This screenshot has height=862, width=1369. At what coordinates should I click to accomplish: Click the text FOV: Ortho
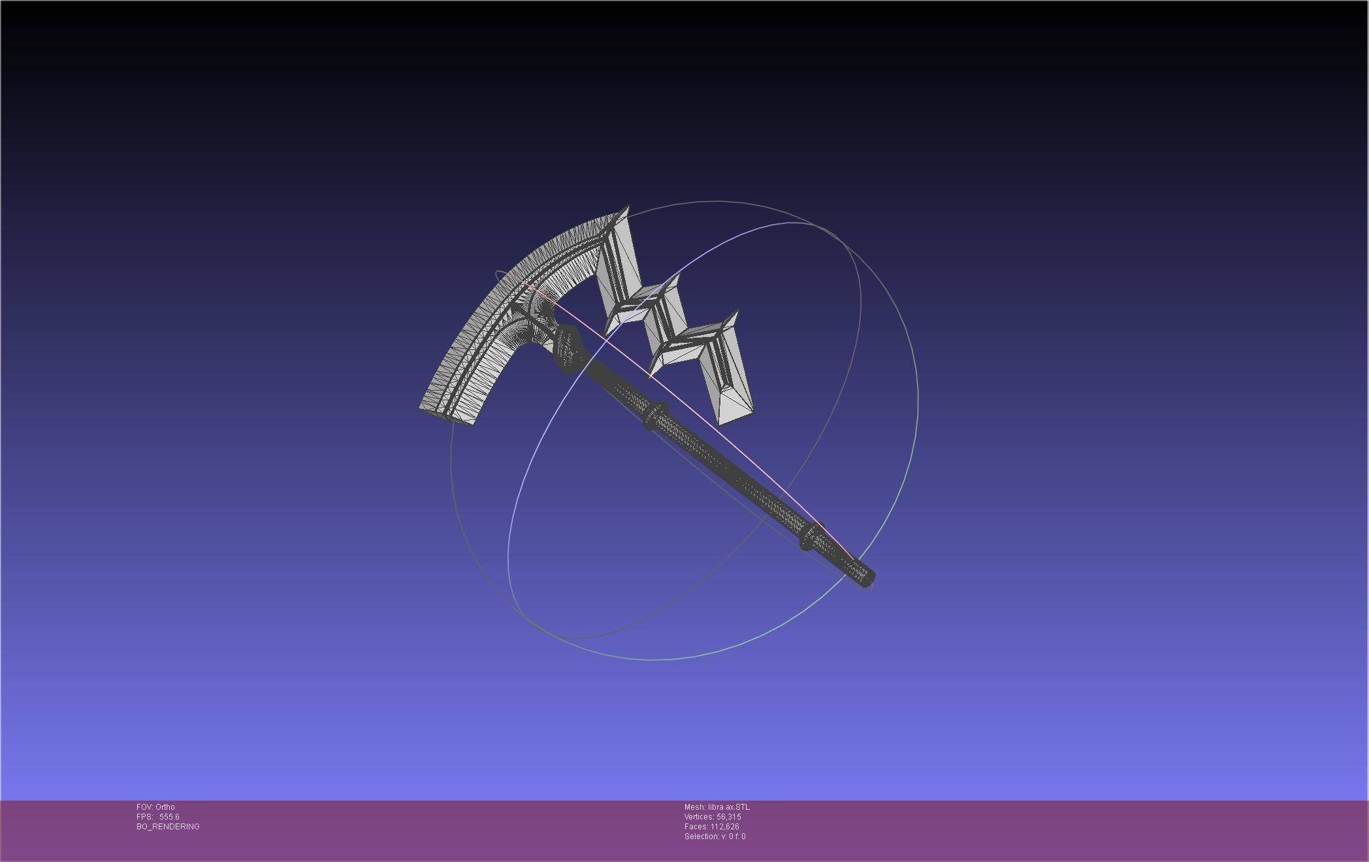coord(155,807)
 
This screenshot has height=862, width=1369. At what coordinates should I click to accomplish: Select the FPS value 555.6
coord(169,817)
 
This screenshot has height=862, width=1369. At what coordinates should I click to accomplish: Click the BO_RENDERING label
coord(168,827)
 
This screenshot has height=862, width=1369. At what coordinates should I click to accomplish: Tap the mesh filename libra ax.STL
coord(728,807)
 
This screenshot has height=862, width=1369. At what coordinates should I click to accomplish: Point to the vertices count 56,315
coord(728,817)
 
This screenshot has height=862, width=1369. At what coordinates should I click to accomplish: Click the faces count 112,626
coord(724,827)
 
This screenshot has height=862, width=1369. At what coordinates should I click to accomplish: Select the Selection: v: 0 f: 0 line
coord(715,837)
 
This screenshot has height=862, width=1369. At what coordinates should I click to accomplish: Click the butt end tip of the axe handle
coord(867,579)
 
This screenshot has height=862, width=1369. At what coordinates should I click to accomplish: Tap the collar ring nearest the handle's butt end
coord(810,537)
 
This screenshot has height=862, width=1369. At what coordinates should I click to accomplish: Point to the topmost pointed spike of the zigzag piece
coord(626,209)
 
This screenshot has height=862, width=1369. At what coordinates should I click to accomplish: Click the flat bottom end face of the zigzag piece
coord(737,414)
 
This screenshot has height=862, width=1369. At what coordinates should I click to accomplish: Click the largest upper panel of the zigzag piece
coord(620,261)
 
